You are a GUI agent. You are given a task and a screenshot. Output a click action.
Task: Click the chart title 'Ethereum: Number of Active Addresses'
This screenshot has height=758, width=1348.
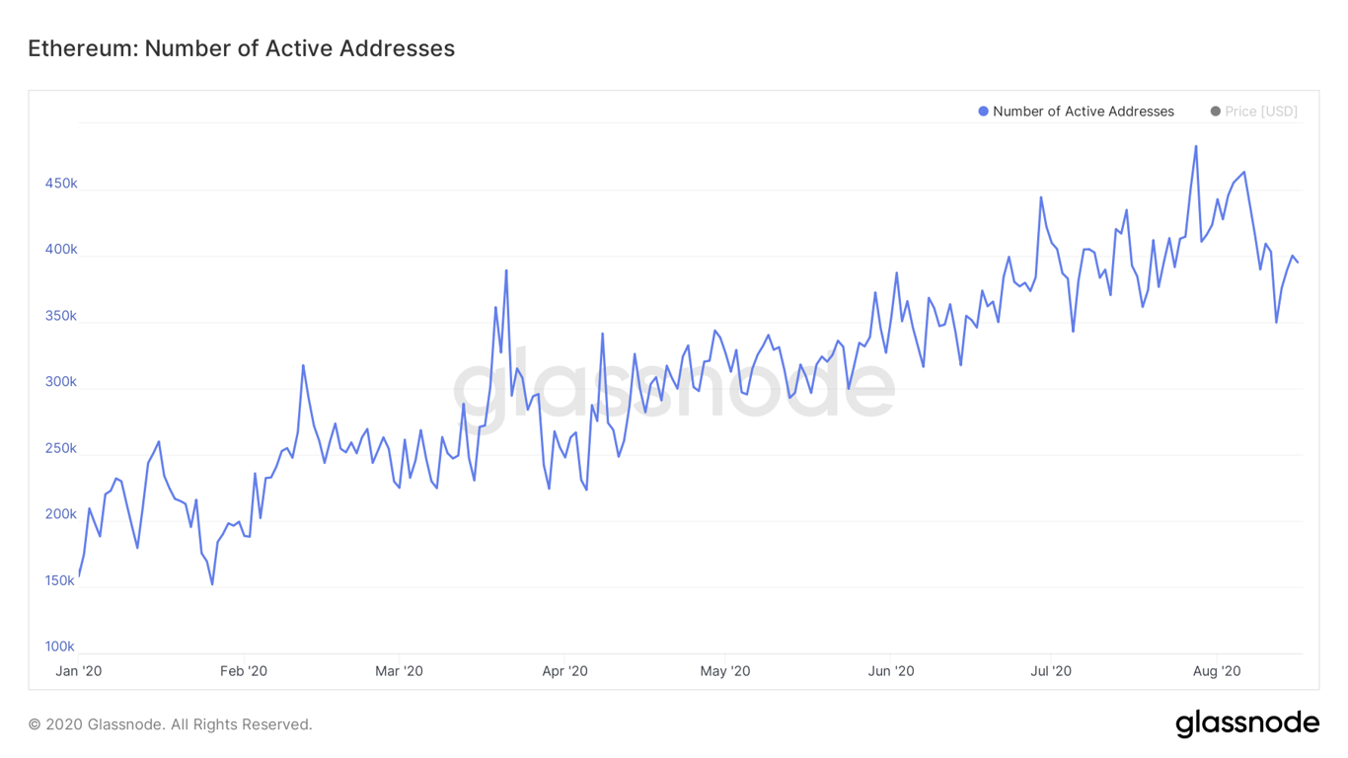(x=241, y=48)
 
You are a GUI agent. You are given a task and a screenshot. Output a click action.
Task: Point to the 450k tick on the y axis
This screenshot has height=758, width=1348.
(x=60, y=184)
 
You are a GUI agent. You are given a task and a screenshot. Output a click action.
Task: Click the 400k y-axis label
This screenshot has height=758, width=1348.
(x=60, y=250)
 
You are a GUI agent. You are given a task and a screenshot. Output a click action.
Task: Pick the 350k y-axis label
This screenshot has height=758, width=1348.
(x=60, y=316)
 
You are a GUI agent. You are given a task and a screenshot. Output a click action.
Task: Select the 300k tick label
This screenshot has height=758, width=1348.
(x=60, y=382)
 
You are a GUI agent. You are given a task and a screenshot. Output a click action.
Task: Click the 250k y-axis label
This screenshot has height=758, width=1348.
(x=60, y=448)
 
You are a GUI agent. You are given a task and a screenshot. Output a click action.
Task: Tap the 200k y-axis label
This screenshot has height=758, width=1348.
(x=60, y=514)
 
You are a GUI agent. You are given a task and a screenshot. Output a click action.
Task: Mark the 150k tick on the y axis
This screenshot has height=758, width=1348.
(x=60, y=580)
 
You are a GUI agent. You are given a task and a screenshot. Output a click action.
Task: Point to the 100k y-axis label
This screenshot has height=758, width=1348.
(x=60, y=646)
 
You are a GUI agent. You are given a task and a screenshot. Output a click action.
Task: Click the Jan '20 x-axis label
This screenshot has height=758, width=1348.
(x=78, y=671)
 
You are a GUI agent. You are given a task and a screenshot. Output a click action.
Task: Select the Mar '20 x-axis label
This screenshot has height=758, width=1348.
(x=399, y=671)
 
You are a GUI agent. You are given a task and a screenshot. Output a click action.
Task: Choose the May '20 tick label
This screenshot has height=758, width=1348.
(x=724, y=671)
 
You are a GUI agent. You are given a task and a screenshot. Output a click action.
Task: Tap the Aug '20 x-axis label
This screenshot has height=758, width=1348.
(x=1217, y=671)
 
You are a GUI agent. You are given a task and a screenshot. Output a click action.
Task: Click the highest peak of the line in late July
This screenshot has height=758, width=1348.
(x=1196, y=146)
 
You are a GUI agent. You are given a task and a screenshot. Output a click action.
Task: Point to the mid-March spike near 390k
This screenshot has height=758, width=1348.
(x=506, y=270)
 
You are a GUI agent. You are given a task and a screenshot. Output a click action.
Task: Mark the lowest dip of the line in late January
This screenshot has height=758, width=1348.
(x=212, y=584)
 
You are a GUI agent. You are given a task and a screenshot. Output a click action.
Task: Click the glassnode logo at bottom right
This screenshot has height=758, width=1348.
(x=1247, y=723)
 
